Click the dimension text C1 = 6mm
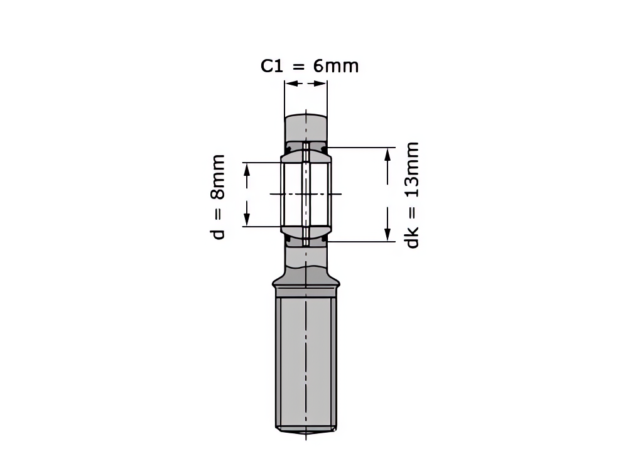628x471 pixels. coord(310,66)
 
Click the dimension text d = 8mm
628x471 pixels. coord(217,197)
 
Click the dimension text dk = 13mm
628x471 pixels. coord(411,195)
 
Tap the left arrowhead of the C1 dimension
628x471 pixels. coord(292,84)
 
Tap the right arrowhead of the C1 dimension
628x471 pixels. coord(320,84)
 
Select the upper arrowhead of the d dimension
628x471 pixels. coord(247,170)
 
